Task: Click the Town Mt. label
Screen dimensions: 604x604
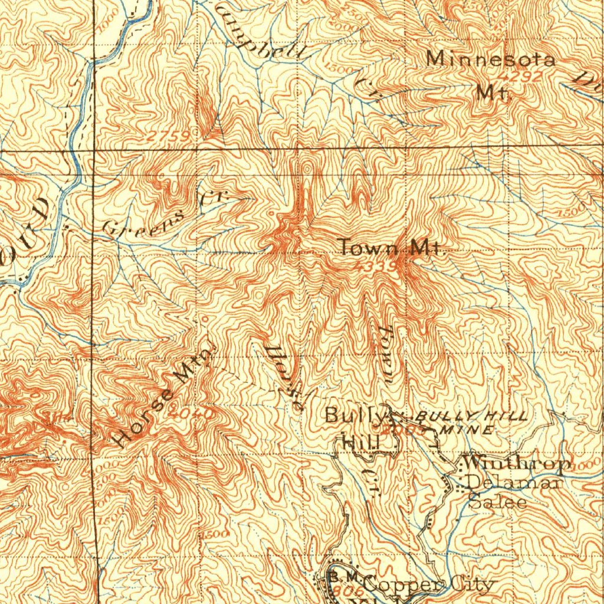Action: [390, 248]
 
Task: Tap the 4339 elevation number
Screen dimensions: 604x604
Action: [376, 267]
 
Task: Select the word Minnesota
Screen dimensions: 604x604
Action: [491, 60]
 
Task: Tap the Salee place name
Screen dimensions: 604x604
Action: [498, 503]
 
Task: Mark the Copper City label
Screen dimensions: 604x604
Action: [427, 585]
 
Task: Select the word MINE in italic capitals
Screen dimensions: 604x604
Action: [470, 430]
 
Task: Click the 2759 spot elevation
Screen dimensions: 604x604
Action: [169, 137]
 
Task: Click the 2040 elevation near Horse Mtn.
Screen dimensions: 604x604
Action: [190, 413]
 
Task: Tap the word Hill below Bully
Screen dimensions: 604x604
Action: [360, 441]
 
